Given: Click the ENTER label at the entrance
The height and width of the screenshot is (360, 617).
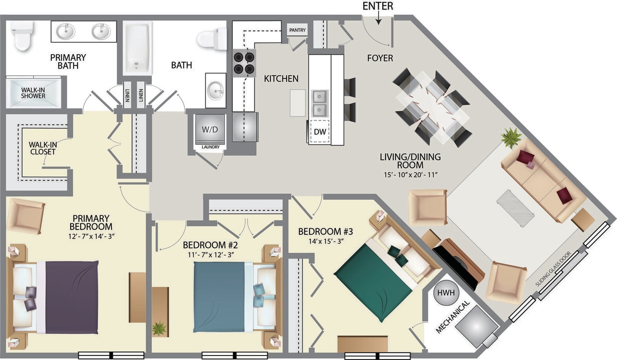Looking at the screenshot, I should click(x=378, y=6).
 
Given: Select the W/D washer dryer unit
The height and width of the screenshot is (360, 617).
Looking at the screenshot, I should click(x=209, y=129).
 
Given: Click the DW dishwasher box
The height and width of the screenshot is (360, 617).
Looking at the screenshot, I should click(x=319, y=132).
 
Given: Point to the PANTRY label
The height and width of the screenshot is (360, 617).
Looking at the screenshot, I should click(x=297, y=30).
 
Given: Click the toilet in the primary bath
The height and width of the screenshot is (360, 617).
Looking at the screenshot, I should click(x=21, y=36).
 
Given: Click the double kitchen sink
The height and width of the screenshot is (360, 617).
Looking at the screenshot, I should click(x=319, y=102).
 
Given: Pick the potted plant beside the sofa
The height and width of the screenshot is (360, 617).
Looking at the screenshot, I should click(x=511, y=138).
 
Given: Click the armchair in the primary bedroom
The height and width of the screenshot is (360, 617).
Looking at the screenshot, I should click(x=26, y=216).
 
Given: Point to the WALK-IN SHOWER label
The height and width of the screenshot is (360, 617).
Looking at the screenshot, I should click(x=33, y=92).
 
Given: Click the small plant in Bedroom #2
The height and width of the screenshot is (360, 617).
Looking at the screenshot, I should click(x=159, y=329).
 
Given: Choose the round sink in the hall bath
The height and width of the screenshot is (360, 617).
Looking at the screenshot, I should click(x=216, y=90).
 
